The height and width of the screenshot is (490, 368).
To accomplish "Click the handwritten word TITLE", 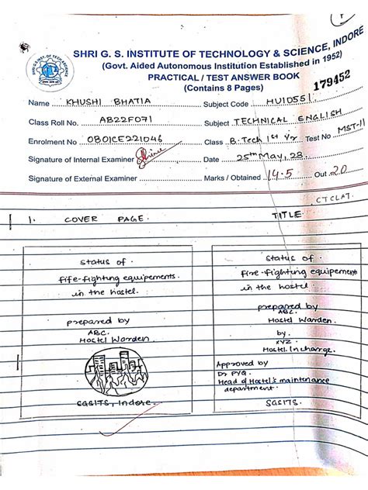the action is point(286,215).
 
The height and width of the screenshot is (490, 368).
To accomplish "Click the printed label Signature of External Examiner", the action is point(83,178).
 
